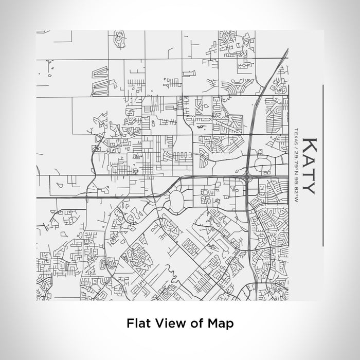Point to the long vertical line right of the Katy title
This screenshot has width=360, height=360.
pyautogui.click(x=322, y=165)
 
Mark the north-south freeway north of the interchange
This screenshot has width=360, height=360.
pyautogui.click(x=255, y=113)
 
